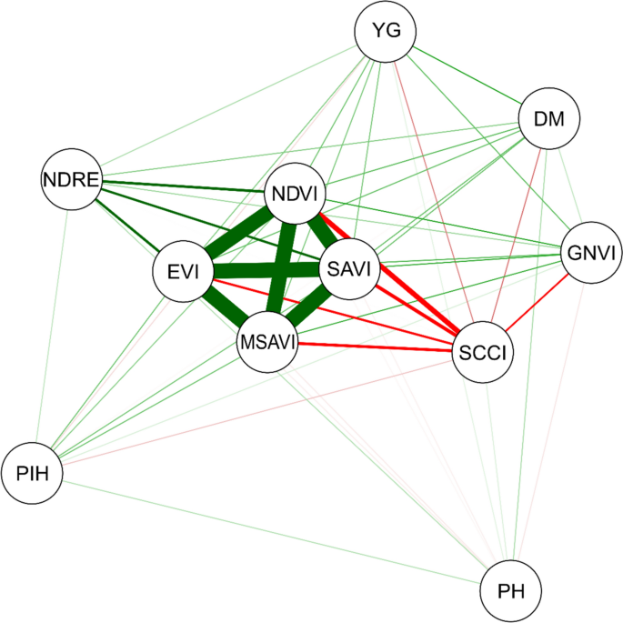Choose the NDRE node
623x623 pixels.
click(x=71, y=178)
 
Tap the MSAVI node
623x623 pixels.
click(x=267, y=342)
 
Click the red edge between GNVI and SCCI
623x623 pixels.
click(x=538, y=300)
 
